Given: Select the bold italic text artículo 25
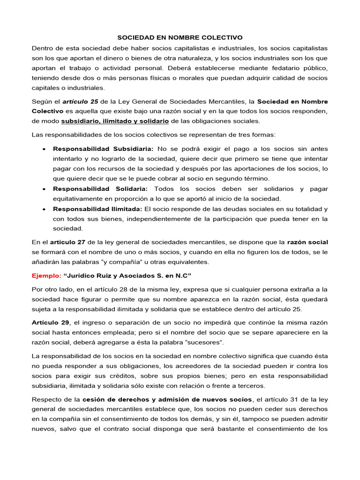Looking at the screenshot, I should [x=80, y=102].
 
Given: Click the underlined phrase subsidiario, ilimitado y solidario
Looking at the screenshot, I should [x=115, y=121].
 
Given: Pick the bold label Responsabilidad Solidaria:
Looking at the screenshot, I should [x=100, y=189].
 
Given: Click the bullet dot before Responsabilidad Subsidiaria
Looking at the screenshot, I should [x=43, y=149].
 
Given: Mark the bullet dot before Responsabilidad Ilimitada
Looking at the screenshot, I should [x=43, y=209].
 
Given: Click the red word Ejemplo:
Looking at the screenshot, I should [x=45, y=276].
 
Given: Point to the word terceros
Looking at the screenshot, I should [x=250, y=386].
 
